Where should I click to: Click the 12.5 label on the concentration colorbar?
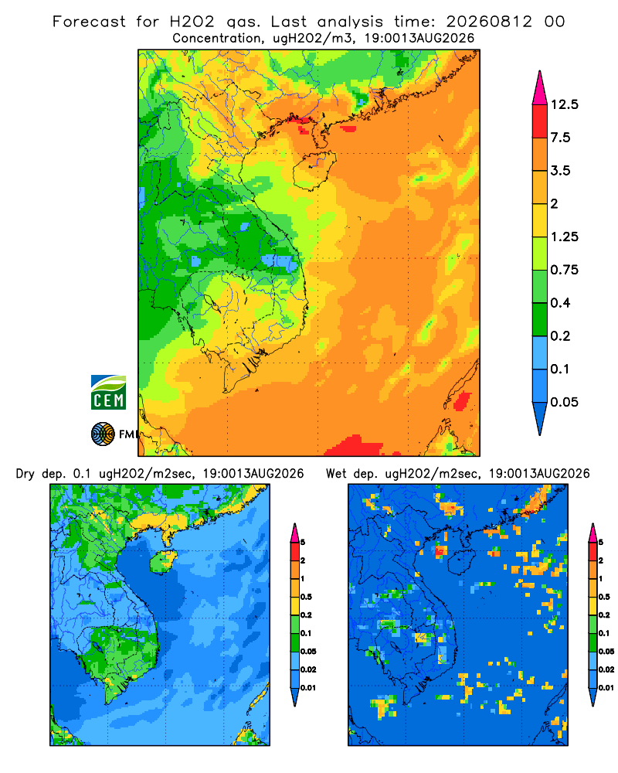[564, 104]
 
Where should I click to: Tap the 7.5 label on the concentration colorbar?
[560, 137]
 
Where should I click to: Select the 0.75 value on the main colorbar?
[564, 270]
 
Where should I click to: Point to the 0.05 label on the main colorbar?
[564, 402]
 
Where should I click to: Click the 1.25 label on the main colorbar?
[564, 237]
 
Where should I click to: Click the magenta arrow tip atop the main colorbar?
[540, 88]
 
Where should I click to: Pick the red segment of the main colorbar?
[540, 121]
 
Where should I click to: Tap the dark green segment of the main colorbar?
[540, 319]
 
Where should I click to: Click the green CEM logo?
[108, 393]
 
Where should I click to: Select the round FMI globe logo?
[103, 434]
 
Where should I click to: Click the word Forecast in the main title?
[89, 22]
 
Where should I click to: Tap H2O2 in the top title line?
[192, 22]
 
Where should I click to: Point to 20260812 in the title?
[489, 22]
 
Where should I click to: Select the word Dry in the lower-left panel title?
[25, 474]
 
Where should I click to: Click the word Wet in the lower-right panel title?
[337, 474]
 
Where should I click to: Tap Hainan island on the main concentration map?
[314, 170]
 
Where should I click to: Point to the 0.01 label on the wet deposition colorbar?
[606, 688]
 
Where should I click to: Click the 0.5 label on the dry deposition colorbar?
[306, 597]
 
